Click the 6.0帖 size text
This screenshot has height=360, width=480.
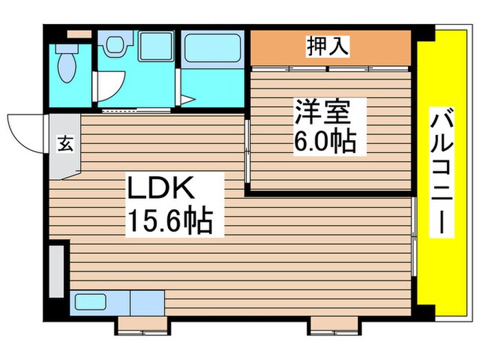(324, 142)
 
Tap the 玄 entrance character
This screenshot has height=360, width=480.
(65, 144)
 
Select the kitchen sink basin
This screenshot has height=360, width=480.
(91, 302)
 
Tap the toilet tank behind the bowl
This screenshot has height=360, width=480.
(67, 49)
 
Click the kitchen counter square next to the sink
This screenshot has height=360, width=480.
(147, 302)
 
